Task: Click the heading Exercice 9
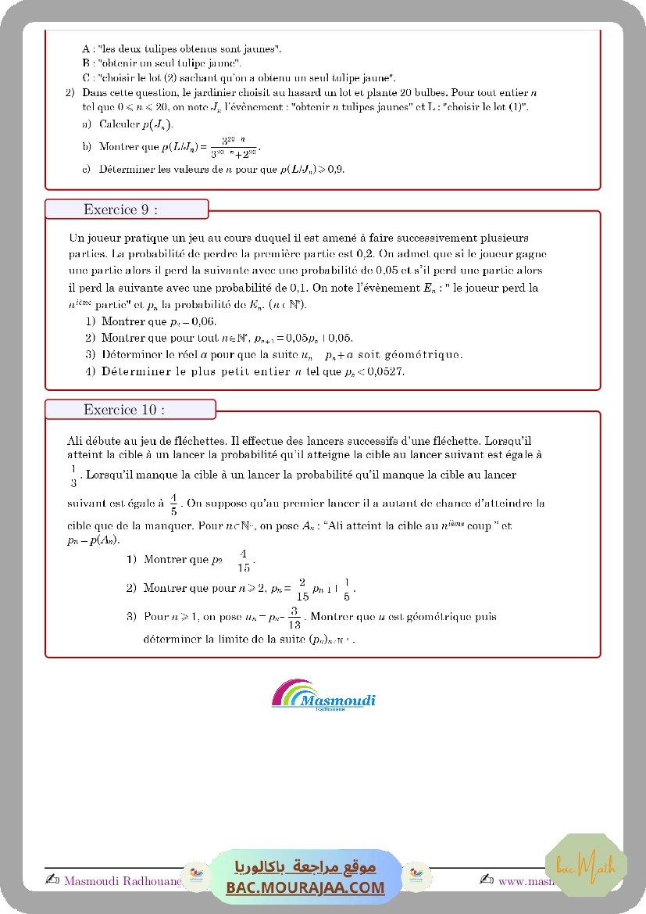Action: click(x=120, y=210)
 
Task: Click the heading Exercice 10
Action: click(x=123, y=410)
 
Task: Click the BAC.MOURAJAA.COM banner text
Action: click(x=305, y=887)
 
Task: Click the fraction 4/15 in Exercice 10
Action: click(x=244, y=561)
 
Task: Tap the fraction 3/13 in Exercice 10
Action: click(x=294, y=618)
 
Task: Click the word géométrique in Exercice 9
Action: click(x=430, y=355)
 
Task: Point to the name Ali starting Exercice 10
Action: click(x=77, y=441)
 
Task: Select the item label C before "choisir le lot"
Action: click(x=85, y=77)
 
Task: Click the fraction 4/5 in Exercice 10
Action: click(x=173, y=504)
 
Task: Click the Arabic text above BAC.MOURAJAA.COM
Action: click(x=305, y=866)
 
